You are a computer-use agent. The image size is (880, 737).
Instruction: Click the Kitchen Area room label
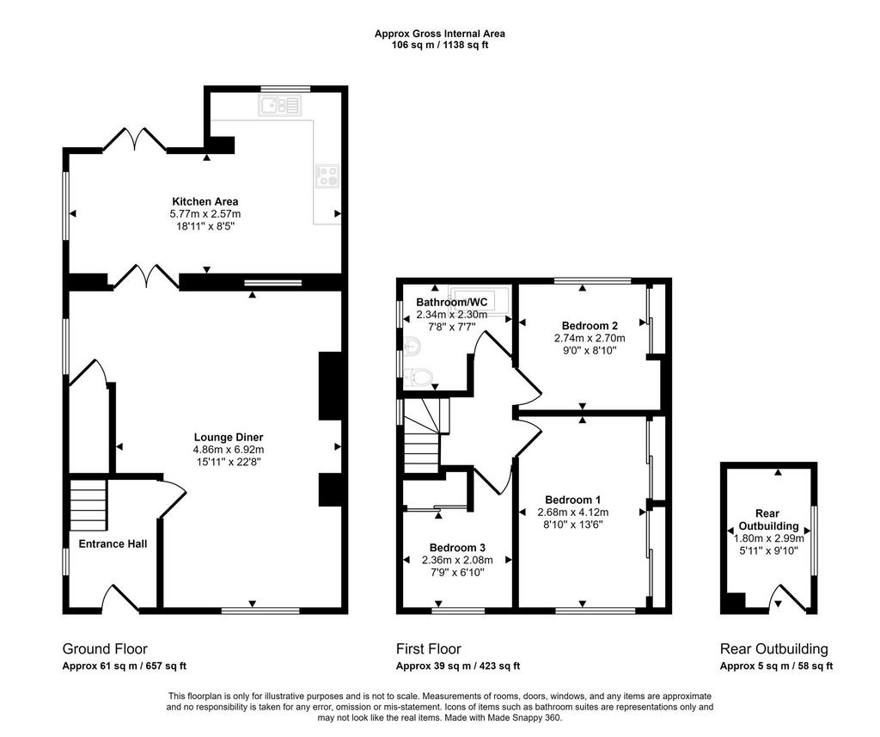[205, 201]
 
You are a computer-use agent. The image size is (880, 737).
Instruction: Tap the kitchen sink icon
[279, 105]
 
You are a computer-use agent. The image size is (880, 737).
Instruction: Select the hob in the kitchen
[327, 175]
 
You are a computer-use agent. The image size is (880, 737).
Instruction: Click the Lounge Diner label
[229, 437]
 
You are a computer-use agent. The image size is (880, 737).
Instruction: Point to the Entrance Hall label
[113, 544]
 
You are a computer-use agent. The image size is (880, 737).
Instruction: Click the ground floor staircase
[89, 505]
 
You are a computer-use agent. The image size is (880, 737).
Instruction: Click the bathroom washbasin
[411, 345]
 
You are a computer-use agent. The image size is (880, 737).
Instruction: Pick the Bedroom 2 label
[590, 325]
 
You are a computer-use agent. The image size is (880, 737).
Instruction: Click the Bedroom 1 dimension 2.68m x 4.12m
[573, 513]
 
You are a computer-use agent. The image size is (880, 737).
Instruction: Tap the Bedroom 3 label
[457, 548]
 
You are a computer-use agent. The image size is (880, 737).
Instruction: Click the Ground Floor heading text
[105, 648]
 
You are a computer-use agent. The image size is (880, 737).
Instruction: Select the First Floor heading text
[429, 648]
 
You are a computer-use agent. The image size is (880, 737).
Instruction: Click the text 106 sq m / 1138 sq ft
[440, 45]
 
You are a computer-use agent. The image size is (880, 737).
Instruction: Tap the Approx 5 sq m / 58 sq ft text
[776, 666]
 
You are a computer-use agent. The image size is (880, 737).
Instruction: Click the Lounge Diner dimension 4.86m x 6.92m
[229, 450]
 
